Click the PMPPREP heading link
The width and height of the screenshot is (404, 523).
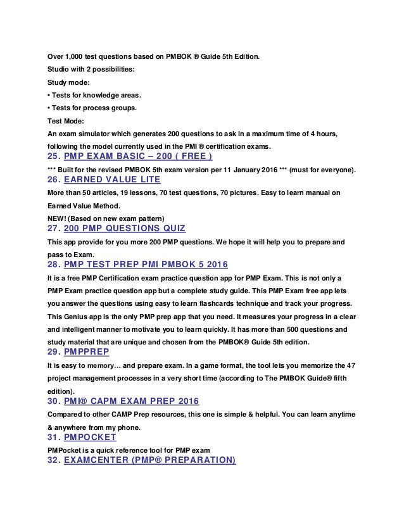(x=89, y=351)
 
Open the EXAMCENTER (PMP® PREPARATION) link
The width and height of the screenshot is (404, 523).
(x=150, y=460)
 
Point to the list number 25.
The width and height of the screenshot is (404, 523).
(x=54, y=157)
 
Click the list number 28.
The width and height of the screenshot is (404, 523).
(x=54, y=263)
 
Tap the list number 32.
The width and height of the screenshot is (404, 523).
(x=54, y=460)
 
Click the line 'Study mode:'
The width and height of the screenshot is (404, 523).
(x=68, y=82)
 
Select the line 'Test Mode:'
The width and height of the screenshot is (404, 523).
(x=66, y=121)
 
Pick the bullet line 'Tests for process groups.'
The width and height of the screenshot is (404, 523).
(x=93, y=108)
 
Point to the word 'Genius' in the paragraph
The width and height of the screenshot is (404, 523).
(x=78, y=315)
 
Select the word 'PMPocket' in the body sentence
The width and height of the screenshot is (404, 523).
(x=66, y=448)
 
